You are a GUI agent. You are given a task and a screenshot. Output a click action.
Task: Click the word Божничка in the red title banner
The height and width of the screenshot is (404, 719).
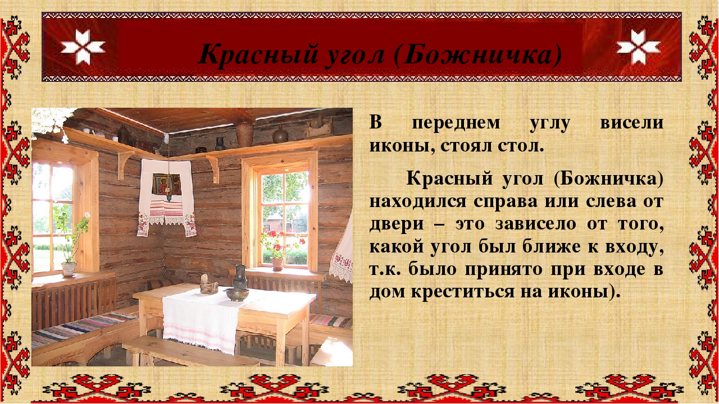[x=478, y=54]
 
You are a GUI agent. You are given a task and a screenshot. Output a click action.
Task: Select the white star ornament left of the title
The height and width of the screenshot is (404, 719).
[x=83, y=47]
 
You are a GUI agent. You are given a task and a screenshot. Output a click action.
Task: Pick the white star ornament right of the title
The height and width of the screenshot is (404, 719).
[x=638, y=47]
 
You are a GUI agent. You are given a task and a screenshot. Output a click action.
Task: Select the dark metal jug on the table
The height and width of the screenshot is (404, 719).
[x=240, y=278]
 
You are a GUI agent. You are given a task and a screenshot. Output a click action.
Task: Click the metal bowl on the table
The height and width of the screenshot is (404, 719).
[x=237, y=295]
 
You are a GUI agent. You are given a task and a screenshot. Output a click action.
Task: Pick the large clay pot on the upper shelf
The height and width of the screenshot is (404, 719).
[x=244, y=134]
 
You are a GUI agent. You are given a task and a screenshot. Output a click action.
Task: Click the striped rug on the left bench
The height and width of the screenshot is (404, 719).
[x=82, y=329]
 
